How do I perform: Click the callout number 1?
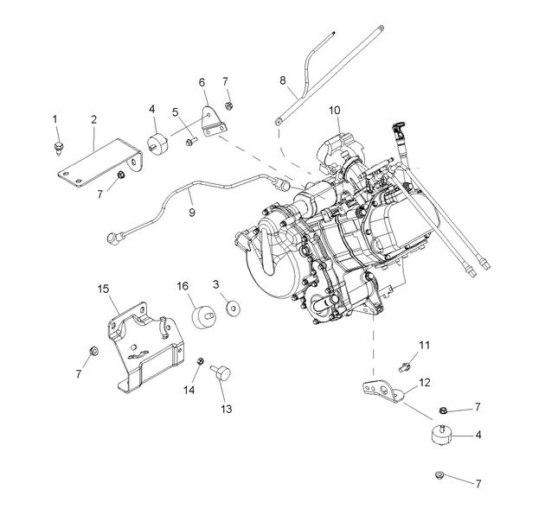click(x=54, y=118)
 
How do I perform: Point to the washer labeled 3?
click(x=232, y=307)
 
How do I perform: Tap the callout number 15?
click(x=102, y=288)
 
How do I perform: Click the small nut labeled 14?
click(x=200, y=361)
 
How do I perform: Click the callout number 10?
click(x=335, y=111)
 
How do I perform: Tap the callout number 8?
click(x=282, y=80)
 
